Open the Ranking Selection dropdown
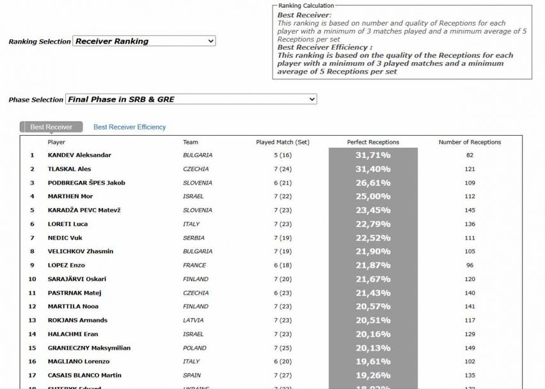coord(144,41)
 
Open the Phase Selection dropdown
coord(191,99)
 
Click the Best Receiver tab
coord(51,127)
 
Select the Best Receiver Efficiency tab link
coord(129,127)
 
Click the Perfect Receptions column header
coord(373,142)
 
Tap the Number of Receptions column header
coord(470,142)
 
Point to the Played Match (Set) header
coord(282,142)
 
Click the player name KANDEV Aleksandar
coord(79,155)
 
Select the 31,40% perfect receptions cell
coord(373,169)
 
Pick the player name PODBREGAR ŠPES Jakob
coord(86,182)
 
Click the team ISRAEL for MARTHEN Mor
coord(193,196)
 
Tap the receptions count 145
coord(470,210)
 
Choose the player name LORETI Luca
coord(68,224)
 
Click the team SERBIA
coord(193,238)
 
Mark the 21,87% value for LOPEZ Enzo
coord(373,265)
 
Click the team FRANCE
coord(194,265)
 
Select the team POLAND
coord(194,348)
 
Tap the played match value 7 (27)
coord(282,375)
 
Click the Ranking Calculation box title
coord(306,6)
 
